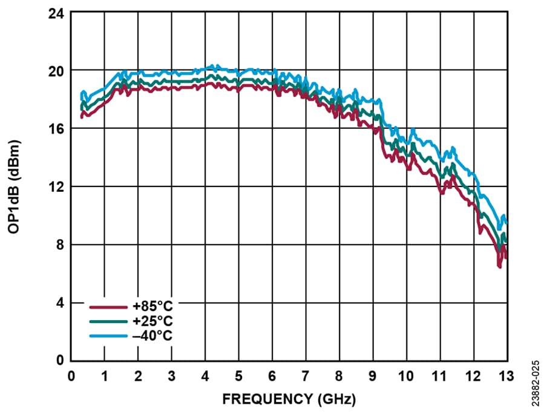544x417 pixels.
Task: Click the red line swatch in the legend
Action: [107, 306]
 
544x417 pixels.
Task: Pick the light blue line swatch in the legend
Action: [107, 335]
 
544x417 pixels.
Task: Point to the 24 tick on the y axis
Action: [57, 13]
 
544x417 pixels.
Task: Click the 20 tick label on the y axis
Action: [57, 71]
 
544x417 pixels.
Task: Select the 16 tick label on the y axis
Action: [57, 129]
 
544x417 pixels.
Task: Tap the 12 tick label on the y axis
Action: [57, 187]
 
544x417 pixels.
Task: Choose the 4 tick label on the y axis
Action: [61, 303]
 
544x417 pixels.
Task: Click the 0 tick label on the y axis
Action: [61, 361]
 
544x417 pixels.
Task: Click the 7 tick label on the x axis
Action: [306, 376]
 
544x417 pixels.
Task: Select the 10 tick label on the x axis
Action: [405, 376]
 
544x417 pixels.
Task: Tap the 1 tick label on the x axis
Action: [105, 376]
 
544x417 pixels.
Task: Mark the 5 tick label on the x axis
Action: [238, 376]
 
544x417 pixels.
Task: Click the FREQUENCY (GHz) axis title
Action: [289, 400]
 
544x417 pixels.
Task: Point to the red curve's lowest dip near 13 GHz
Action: [499, 266]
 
